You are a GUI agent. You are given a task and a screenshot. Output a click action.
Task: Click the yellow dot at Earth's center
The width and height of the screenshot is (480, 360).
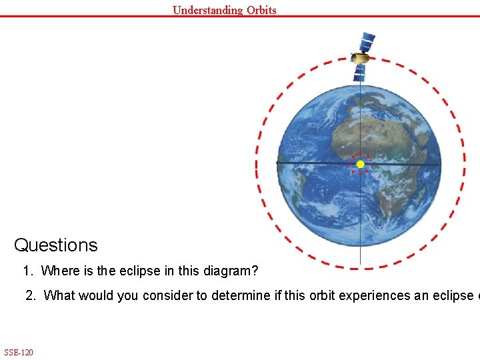360,164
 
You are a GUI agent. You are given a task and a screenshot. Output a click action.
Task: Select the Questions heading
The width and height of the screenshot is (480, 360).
56,245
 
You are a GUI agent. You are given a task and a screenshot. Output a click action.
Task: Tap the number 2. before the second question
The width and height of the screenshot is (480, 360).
31,295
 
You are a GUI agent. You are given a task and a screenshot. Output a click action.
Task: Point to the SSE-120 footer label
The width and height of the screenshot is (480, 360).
19,352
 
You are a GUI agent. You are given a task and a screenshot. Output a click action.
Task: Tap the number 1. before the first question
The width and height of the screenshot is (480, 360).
27,271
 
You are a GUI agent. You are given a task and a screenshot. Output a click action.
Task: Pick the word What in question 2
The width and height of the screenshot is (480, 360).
58,295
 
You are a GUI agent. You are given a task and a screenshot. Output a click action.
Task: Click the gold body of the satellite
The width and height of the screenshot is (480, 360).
361,59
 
